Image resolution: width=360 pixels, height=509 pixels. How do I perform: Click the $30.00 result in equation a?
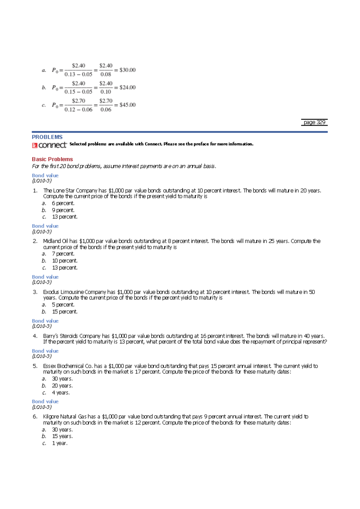coord(127,70)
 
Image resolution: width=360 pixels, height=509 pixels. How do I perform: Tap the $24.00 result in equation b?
coord(127,87)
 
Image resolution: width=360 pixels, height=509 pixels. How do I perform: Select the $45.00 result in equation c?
coord(127,105)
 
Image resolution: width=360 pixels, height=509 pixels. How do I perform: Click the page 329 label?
coord(314,122)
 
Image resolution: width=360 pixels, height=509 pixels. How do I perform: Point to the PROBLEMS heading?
coord(47,137)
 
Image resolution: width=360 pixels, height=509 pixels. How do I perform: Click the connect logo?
coord(49,145)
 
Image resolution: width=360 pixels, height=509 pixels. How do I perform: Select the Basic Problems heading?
coord(52,159)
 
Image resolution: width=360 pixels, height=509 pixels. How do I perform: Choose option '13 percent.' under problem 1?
coord(64,217)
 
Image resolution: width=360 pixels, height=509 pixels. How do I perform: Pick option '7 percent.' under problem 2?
coord(63,254)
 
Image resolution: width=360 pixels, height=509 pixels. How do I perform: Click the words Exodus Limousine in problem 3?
coord(63,292)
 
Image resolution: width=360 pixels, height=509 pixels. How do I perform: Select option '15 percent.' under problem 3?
coord(64,312)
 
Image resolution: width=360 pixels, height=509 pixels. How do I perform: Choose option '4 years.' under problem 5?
coord(61,393)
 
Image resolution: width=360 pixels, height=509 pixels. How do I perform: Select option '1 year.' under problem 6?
coord(60,443)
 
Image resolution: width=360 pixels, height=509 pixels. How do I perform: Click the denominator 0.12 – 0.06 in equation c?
coord(78,110)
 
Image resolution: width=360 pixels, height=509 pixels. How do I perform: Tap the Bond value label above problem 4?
coord(45,321)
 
